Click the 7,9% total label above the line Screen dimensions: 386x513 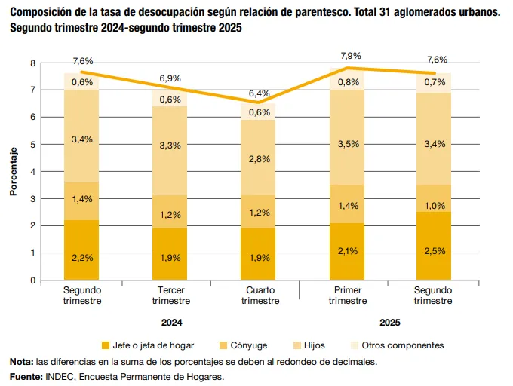(x=351, y=56)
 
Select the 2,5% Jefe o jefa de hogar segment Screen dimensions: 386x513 (x=433, y=250)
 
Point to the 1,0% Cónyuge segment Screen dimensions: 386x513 (x=433, y=206)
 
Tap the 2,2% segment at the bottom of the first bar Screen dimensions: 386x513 (x=82, y=257)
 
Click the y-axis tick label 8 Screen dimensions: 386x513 (x=32, y=63)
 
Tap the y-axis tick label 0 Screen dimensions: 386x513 (x=32, y=280)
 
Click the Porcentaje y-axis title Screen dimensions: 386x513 (x=14, y=171)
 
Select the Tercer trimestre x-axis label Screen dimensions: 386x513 (x=171, y=296)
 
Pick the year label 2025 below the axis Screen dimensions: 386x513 (x=389, y=323)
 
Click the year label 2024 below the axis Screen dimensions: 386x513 (x=171, y=323)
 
